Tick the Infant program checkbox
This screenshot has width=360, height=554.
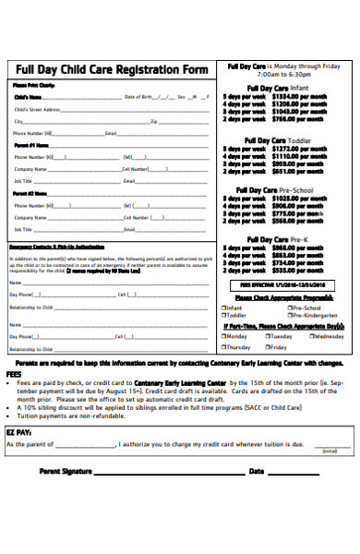[x=224, y=307]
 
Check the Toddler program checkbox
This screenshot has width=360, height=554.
[x=224, y=315]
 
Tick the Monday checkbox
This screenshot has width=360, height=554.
[x=224, y=337]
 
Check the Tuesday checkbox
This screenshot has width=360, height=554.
[x=266, y=337]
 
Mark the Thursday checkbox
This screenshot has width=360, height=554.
[x=224, y=347]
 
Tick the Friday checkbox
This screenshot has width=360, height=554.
[x=266, y=347]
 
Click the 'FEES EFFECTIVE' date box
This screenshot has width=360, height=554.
[x=283, y=286]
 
